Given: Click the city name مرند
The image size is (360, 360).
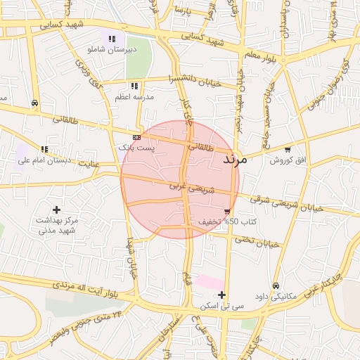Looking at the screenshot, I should pyautogui.click(x=234, y=161).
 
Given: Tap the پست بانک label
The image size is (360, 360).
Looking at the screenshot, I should pyautogui.click(x=136, y=148).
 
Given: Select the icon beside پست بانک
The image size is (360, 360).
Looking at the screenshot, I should pyautogui.click(x=136, y=137).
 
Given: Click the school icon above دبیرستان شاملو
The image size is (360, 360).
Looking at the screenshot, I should pyautogui.click(x=111, y=39).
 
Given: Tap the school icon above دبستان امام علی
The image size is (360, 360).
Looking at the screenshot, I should pyautogui.click(x=44, y=149).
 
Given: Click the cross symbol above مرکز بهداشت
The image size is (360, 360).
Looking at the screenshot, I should pyautogui.click(x=56, y=210).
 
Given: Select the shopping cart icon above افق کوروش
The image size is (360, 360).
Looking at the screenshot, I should pyautogui.click(x=288, y=150).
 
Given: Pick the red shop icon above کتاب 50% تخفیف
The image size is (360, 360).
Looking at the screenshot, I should pyautogui.click(x=226, y=211).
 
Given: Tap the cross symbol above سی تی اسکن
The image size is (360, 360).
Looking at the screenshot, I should pyautogui.click(x=221, y=295).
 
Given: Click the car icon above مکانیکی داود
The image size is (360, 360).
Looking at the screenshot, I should pyautogui.click(x=276, y=285).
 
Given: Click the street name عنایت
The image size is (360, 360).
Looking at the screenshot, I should pyautogui.click(x=89, y=164).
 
